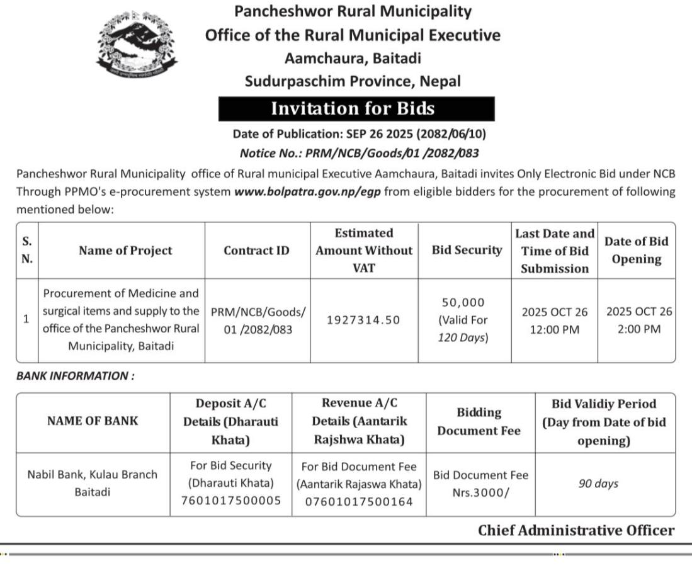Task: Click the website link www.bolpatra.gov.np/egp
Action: (x=307, y=191)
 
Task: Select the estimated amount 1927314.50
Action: (x=363, y=320)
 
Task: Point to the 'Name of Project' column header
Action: (x=125, y=251)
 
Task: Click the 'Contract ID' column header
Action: (x=256, y=251)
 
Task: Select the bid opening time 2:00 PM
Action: (x=639, y=329)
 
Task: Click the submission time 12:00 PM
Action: (x=554, y=329)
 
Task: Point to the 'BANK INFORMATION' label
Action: (x=75, y=376)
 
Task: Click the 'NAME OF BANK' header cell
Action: (x=93, y=421)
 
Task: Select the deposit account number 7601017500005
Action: (x=230, y=501)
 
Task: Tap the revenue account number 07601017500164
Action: (x=359, y=502)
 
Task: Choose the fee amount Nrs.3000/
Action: (x=480, y=492)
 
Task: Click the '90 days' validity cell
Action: (x=598, y=484)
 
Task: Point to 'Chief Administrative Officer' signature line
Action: (x=576, y=530)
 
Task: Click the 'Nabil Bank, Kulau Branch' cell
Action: (x=92, y=475)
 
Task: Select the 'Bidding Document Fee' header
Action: (x=479, y=421)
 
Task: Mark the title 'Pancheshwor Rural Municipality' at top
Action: (x=353, y=11)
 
